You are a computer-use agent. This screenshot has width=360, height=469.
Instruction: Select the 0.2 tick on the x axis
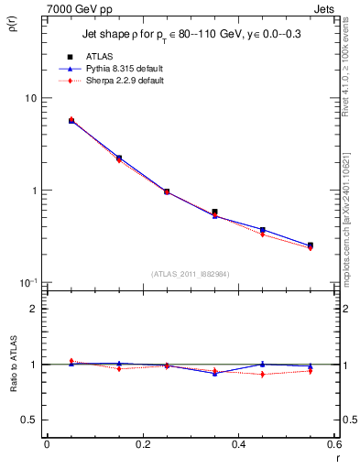click(142, 444)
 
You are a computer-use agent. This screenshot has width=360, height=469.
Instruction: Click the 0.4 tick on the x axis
click(238, 444)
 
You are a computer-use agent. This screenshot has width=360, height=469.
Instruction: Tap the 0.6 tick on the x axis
click(333, 444)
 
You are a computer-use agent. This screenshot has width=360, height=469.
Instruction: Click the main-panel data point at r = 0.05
click(71, 120)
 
